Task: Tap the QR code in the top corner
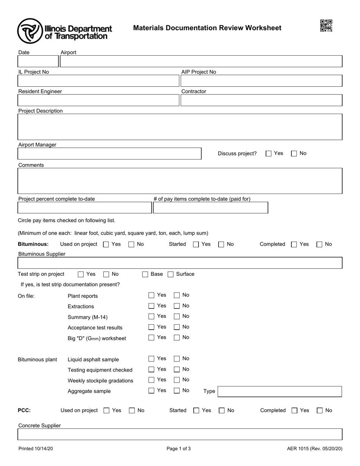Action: (326, 26)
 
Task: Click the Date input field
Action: (38, 61)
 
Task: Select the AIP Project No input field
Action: (261, 81)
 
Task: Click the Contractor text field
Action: (261, 100)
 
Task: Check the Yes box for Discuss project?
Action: (269, 154)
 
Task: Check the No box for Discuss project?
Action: (294, 154)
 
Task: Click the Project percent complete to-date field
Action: (85, 208)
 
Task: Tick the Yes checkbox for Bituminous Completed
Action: (294, 245)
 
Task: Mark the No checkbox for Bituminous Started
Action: (221, 245)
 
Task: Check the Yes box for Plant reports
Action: (152, 295)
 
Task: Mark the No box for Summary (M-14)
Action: (177, 316)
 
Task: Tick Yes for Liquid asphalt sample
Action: (152, 359)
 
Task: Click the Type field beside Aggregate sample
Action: (280, 391)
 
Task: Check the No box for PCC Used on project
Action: (132, 411)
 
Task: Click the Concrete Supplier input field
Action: (180, 434)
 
